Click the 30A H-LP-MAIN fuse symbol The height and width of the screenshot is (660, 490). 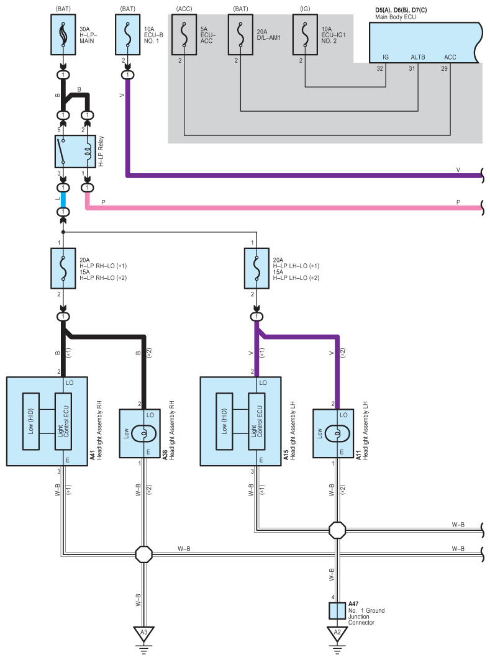pos(63,35)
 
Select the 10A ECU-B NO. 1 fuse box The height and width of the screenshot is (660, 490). pos(127,35)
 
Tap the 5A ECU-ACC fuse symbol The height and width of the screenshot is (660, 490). pos(184,35)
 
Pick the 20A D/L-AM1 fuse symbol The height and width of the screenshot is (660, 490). pos(240,35)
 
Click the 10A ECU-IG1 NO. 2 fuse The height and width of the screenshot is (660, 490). pos(305,35)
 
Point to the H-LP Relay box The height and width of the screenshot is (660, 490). pos(75,151)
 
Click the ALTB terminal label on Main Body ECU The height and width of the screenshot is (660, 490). pos(418,57)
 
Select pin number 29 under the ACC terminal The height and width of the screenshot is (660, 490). pos(444,69)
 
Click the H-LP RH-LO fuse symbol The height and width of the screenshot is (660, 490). pos(63,268)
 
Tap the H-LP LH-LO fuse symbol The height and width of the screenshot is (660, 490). pos(256,268)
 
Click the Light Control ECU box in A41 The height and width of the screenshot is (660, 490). pos(63,422)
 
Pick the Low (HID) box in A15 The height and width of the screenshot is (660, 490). pos(224,422)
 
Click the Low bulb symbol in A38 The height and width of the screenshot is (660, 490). pos(143,433)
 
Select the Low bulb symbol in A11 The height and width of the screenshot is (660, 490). pos(337,433)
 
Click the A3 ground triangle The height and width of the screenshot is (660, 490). pos(143,633)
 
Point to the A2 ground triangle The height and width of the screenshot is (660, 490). pos(337,633)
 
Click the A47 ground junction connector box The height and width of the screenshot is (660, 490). pos(337,611)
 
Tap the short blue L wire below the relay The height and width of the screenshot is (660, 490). pos(63,200)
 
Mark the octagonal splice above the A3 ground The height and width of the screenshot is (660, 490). pos(143,554)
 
